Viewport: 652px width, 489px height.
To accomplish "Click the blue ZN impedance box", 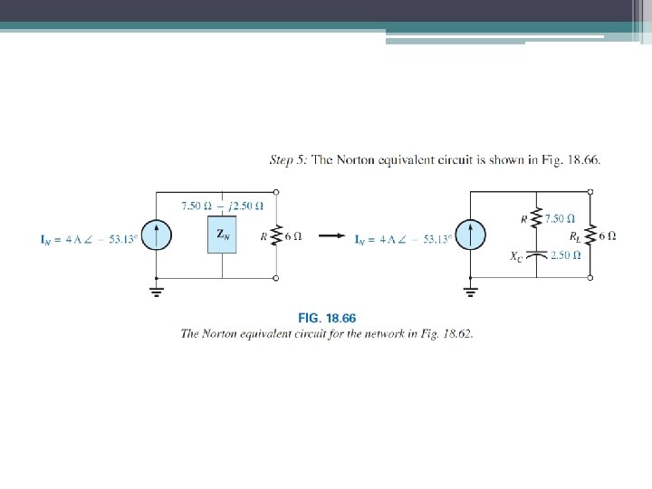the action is [x=222, y=235].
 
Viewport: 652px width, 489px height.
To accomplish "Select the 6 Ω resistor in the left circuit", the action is [x=276, y=235].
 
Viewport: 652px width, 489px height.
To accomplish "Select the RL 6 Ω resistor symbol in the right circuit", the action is [x=591, y=235].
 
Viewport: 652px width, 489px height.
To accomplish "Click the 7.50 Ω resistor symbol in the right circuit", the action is [x=539, y=218].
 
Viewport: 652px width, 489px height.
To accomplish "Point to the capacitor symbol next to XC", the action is [x=539, y=256].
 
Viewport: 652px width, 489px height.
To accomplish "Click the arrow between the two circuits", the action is [x=333, y=237].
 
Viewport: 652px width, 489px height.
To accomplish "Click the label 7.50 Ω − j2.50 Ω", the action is [x=222, y=206].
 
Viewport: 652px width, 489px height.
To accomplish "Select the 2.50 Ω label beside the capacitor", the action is [x=567, y=255].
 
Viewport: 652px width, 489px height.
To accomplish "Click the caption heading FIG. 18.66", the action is [x=327, y=318].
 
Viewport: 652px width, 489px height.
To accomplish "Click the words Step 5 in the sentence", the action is [x=289, y=160].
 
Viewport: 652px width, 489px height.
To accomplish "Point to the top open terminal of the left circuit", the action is [x=276, y=192].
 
